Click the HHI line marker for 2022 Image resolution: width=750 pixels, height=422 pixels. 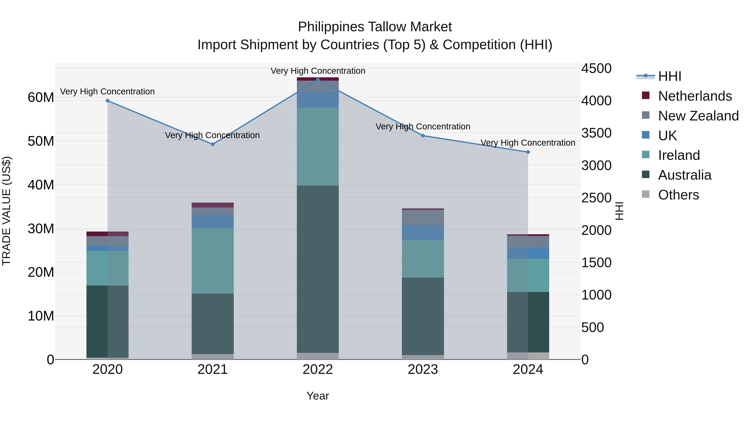coord(318,80)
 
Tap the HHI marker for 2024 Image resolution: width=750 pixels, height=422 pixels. coord(528,152)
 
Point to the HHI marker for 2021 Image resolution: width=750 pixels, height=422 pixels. coord(212,144)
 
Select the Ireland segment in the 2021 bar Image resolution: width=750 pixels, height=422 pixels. coord(212,261)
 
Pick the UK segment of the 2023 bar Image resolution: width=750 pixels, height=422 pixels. coord(423,232)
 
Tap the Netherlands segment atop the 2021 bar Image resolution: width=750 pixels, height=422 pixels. coord(212,205)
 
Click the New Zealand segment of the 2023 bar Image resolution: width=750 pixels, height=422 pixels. coord(423,217)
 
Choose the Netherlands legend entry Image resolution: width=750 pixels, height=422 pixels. coord(695,96)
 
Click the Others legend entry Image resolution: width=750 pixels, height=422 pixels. coord(678,195)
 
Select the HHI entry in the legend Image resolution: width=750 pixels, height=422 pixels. coord(669,76)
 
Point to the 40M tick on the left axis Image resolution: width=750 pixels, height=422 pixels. coord(41,185)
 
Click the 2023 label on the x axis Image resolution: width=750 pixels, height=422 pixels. coord(423,369)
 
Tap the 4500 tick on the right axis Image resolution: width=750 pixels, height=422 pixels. coord(596,69)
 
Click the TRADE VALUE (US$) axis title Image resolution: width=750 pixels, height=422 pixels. coord(6,211)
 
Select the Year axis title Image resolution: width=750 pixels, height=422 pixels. coord(318,396)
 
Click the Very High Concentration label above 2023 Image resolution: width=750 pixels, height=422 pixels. coord(423,126)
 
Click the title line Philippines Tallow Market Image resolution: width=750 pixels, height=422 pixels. coord(375,27)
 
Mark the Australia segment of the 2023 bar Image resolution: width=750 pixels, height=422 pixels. coord(423,316)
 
